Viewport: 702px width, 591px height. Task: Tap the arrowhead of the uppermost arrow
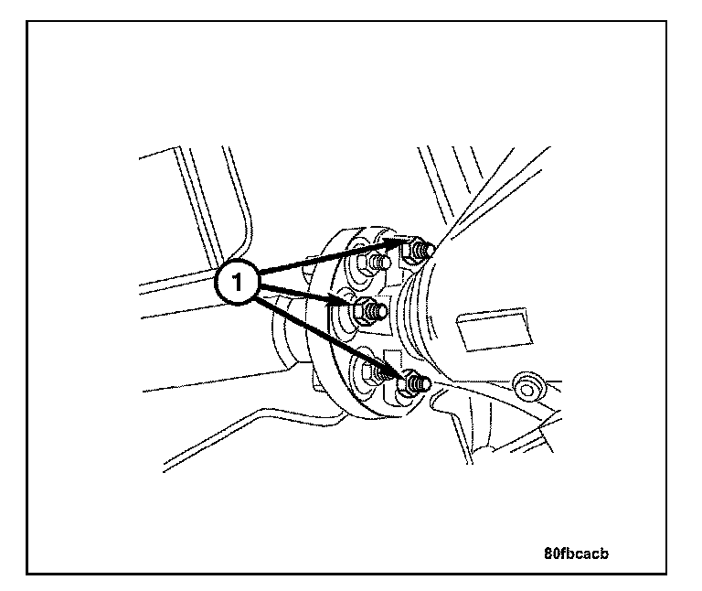coord(398,242)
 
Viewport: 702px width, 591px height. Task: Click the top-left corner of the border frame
coord(27,20)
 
